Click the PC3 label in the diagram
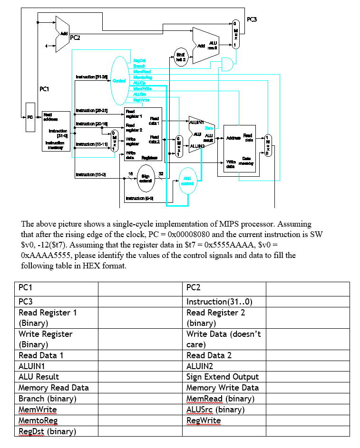(253, 19)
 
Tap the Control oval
(119, 80)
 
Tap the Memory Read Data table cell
(53, 388)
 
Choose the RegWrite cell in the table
(204, 420)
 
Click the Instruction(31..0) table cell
(219, 302)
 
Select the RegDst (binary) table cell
(48, 431)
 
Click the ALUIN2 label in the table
(202, 366)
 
